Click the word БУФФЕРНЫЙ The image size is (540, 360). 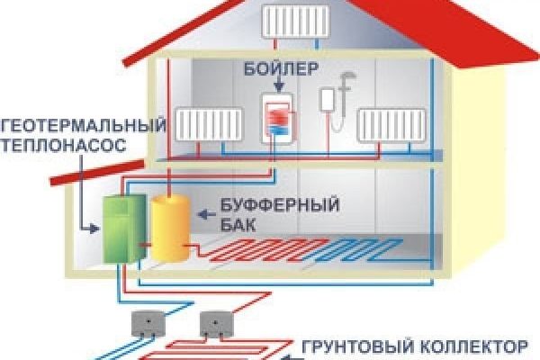269,207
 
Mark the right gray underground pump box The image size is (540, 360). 217,322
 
